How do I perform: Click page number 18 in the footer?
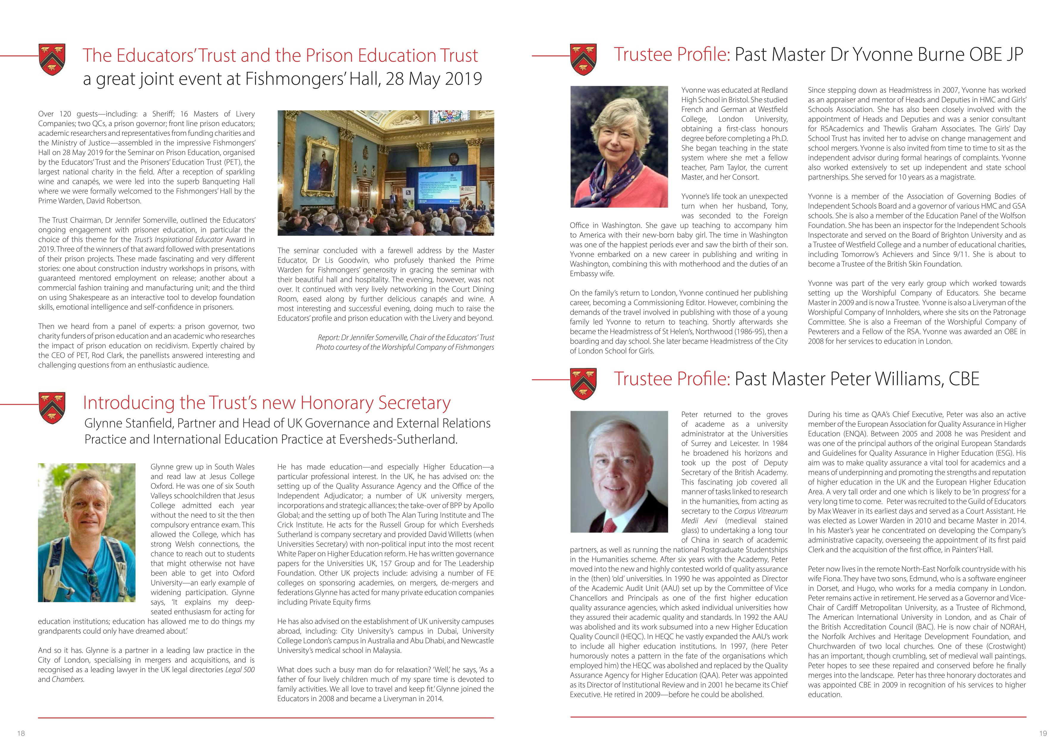[21, 733]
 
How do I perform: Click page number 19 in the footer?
[1043, 733]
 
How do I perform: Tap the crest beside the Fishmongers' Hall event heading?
[52, 59]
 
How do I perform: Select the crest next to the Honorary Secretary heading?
[52, 408]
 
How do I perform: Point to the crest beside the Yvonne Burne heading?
[584, 59]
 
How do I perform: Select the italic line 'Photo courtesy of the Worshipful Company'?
[405, 347]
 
